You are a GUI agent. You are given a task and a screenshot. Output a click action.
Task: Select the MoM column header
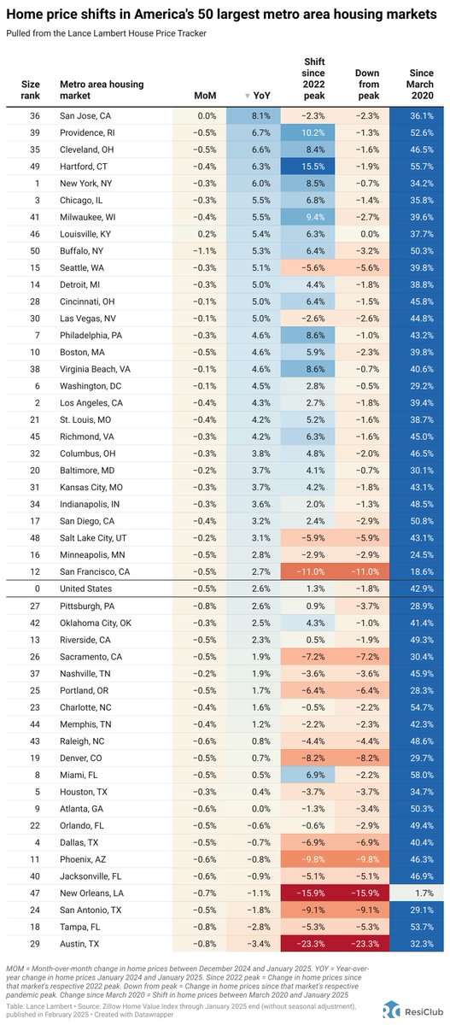pos(206,96)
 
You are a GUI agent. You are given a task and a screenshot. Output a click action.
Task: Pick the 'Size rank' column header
pos(30,90)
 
